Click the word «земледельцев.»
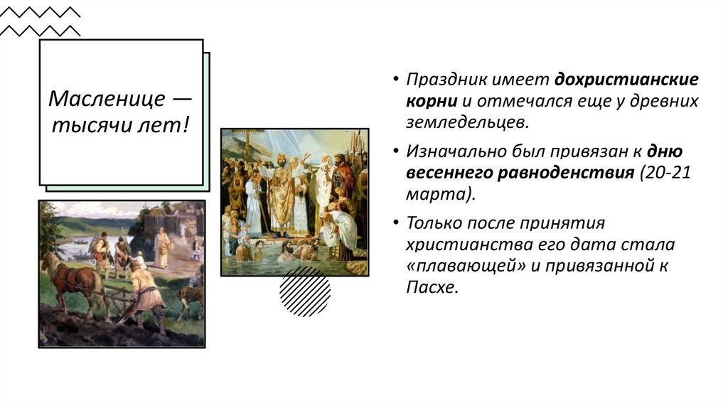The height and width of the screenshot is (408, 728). [468, 122]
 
